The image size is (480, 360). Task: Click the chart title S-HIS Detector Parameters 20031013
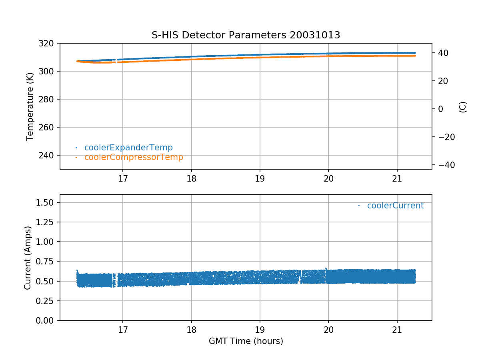[246, 35]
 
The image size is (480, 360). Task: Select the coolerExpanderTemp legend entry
[128, 148]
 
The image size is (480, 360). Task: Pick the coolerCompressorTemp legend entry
[134, 157]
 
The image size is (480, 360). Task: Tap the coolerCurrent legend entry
[395, 206]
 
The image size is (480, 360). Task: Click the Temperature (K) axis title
[30, 106]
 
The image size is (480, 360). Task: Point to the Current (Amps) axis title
[28, 258]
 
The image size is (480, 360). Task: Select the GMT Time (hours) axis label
[246, 341]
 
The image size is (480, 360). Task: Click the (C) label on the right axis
[463, 107]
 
